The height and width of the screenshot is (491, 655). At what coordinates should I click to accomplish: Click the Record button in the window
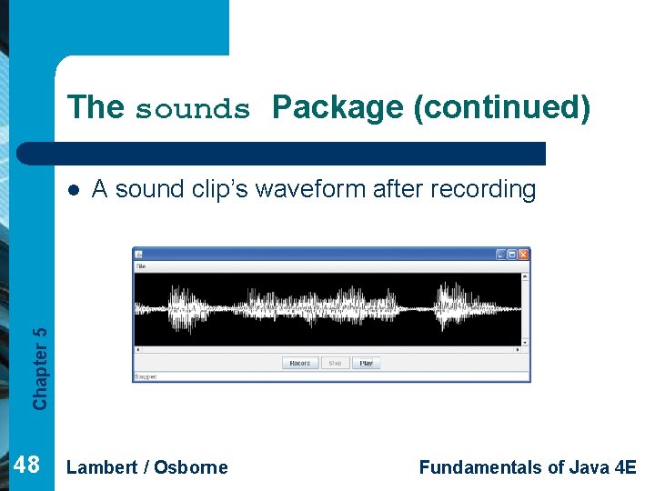pyautogui.click(x=299, y=363)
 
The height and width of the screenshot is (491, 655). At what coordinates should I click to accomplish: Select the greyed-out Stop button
pyautogui.click(x=335, y=363)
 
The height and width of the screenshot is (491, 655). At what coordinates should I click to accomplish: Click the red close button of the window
pyautogui.click(x=523, y=255)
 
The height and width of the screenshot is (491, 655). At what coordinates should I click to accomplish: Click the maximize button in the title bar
pyautogui.click(x=512, y=255)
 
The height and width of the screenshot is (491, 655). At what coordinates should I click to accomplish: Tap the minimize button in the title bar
pyautogui.click(x=500, y=255)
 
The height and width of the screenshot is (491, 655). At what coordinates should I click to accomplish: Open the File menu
pyautogui.click(x=140, y=266)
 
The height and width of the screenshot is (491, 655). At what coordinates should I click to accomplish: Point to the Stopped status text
pyautogui.click(x=146, y=376)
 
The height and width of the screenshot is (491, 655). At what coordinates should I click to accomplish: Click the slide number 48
pyautogui.click(x=27, y=466)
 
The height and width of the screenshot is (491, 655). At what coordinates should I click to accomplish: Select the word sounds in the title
pyautogui.click(x=192, y=109)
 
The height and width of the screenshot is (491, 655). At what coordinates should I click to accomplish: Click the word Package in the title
pyautogui.click(x=338, y=107)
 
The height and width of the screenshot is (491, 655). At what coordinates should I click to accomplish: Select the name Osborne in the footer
pyautogui.click(x=191, y=467)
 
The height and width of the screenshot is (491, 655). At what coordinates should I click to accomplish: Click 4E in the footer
pyautogui.click(x=626, y=467)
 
